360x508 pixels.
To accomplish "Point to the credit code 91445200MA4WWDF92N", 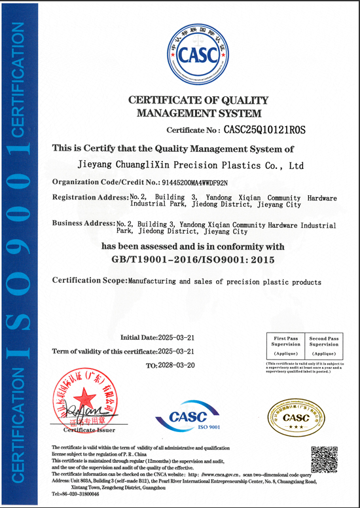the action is (x=196, y=182).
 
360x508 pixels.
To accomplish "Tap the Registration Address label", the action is (x=90, y=197).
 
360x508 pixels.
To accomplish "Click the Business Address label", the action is (x=83, y=223).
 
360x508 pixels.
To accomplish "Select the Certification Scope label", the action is (x=88, y=281).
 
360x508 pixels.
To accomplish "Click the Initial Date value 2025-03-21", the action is (x=176, y=338).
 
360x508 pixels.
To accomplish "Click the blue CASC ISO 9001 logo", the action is (x=188, y=417).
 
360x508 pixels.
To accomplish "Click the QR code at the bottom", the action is (x=323, y=459).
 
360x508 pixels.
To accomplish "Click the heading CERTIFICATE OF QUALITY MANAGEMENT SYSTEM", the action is (x=198, y=107).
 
